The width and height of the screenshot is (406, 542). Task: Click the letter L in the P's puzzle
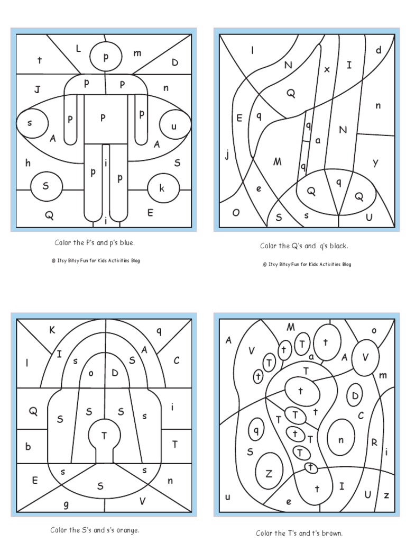click(x=78, y=49)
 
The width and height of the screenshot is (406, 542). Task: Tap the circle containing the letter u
click(x=173, y=127)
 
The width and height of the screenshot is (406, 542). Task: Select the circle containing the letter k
click(x=162, y=188)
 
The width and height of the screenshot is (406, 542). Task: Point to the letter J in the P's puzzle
click(x=38, y=89)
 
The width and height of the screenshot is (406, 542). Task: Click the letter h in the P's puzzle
click(x=27, y=163)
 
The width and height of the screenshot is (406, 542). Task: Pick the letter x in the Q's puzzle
click(x=327, y=69)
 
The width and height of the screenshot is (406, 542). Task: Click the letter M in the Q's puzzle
click(x=277, y=161)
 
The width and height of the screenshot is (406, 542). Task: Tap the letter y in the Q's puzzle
click(x=375, y=162)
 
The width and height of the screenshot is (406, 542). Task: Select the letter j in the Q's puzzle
click(x=227, y=155)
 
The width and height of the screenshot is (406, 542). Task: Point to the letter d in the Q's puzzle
click(x=379, y=50)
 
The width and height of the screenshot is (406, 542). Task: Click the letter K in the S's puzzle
click(x=52, y=330)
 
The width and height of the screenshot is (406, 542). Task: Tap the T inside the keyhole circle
click(x=104, y=436)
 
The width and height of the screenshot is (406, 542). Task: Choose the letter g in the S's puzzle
click(x=66, y=504)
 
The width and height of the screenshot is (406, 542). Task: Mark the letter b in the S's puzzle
click(x=28, y=446)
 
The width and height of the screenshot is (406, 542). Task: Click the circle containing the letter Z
click(x=269, y=473)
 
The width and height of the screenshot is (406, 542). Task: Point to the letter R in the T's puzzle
click(x=374, y=442)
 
